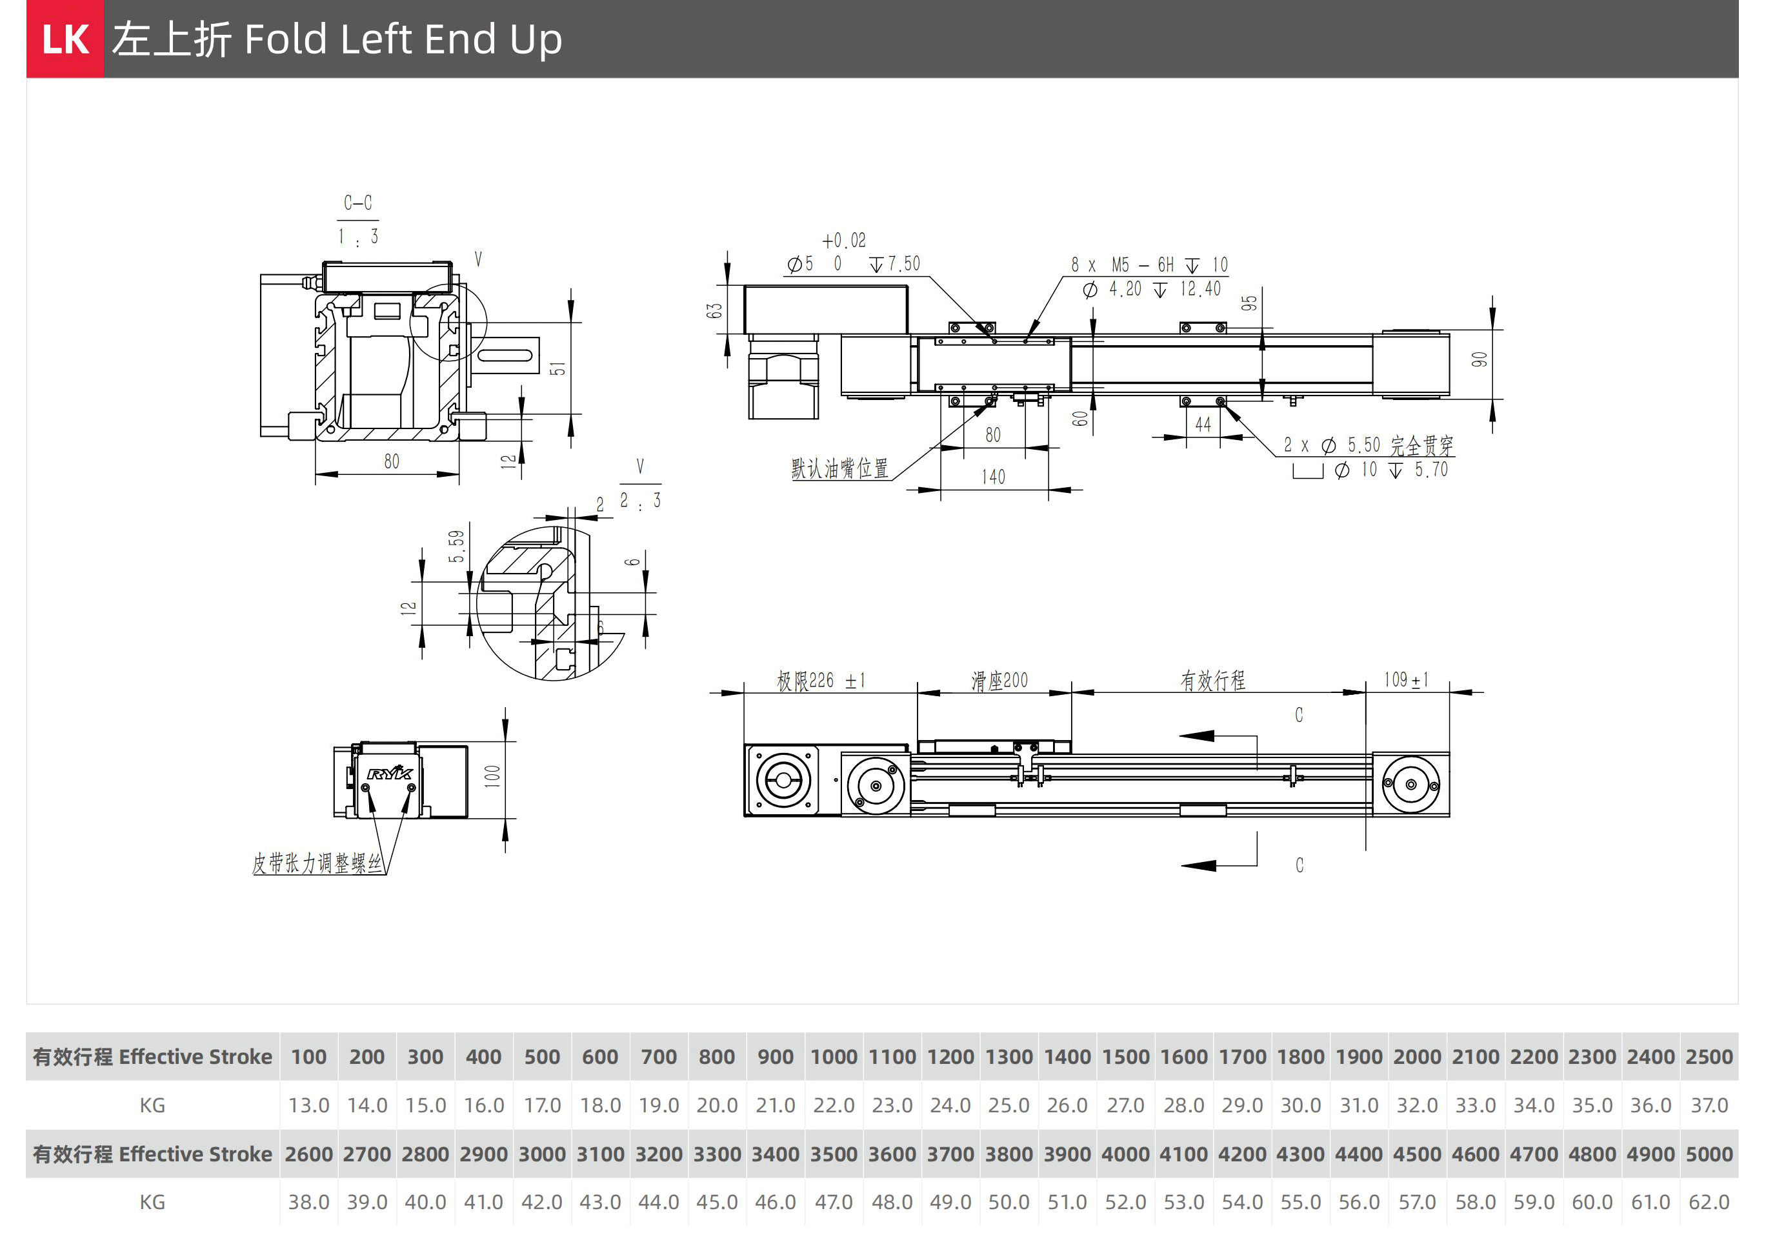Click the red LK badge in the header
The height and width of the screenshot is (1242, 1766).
tap(65, 39)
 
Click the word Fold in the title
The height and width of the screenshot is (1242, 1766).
tap(285, 39)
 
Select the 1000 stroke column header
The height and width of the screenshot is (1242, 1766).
tap(833, 1057)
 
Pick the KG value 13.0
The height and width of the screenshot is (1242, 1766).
tap(308, 1105)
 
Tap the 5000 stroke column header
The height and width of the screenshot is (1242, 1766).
tap(1709, 1154)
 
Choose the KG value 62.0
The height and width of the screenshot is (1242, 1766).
tap(1709, 1202)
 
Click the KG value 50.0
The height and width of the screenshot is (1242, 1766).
tap(1008, 1202)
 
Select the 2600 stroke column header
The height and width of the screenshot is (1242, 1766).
tap(308, 1154)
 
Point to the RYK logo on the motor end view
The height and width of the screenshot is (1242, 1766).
tap(390, 773)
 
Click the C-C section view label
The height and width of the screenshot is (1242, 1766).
tap(357, 203)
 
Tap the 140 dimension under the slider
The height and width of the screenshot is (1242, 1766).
tap(993, 477)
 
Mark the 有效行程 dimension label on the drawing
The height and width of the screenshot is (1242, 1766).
tap(1212, 681)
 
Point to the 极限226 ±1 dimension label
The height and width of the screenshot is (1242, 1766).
tap(821, 681)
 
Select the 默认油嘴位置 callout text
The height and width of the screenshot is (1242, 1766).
tap(839, 468)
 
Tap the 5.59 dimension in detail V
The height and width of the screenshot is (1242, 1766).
tap(457, 546)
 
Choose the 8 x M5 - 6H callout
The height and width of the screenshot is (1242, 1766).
tap(1149, 265)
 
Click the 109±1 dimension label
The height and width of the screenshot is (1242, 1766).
tap(1406, 680)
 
